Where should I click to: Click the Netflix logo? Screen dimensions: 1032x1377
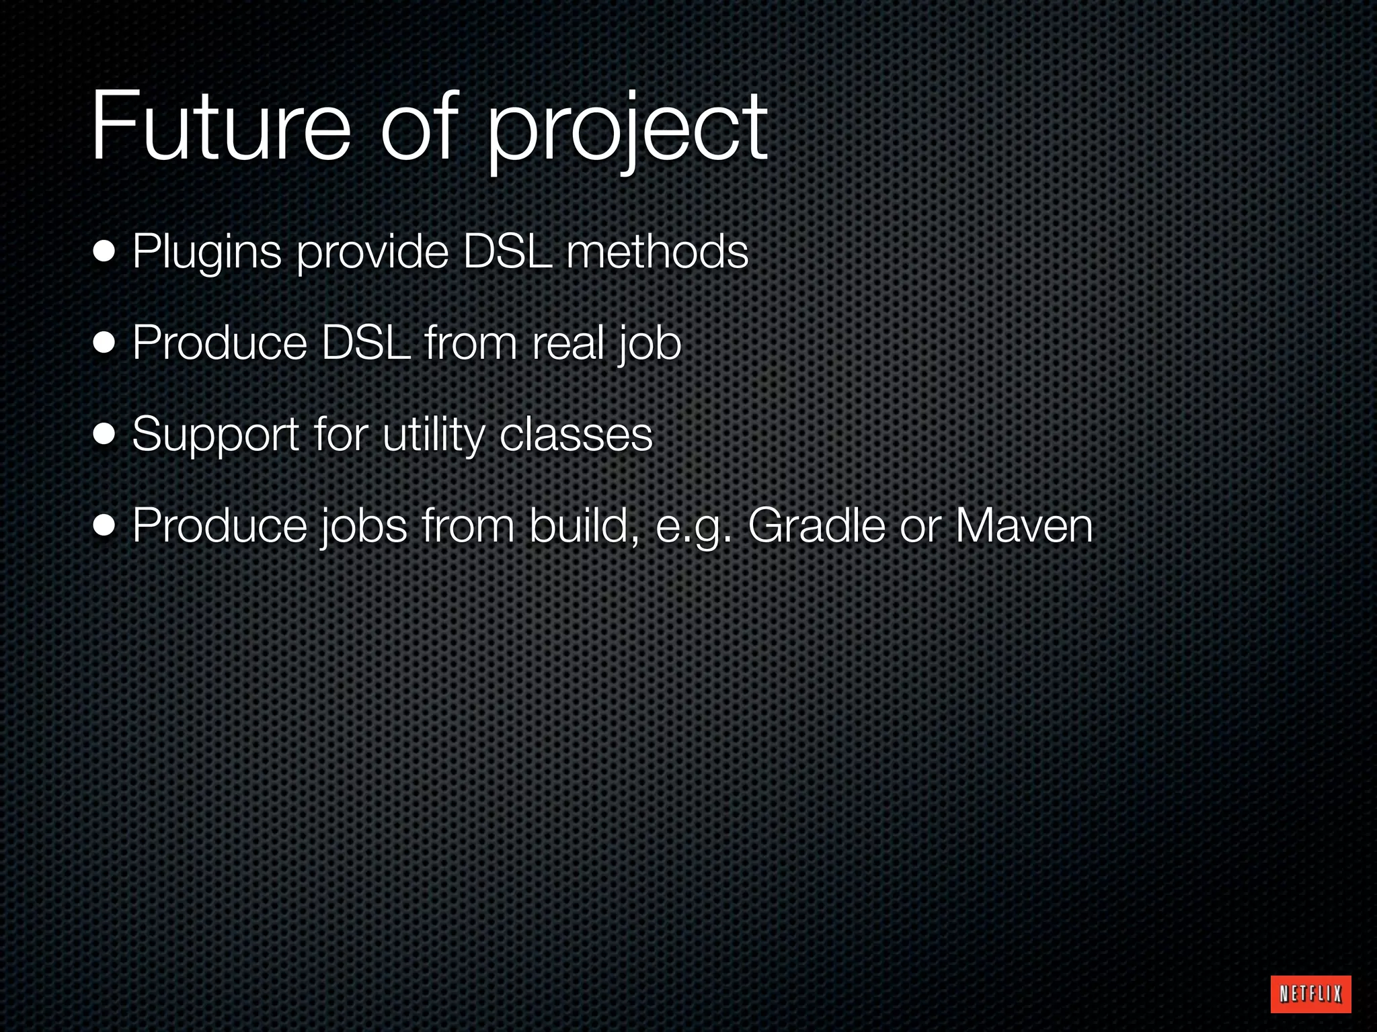(1310, 994)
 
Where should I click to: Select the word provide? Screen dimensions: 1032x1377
(372, 254)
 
